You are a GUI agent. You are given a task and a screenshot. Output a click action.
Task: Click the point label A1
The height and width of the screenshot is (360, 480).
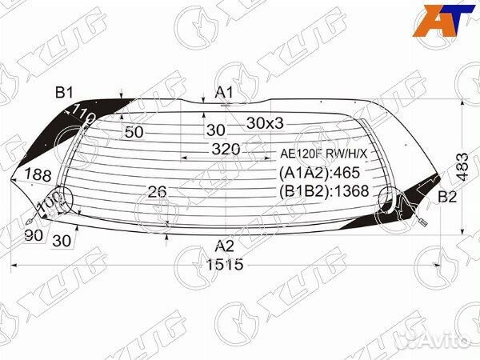coord(225,93)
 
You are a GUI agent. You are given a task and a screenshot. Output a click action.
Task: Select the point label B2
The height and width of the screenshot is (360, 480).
coord(448,197)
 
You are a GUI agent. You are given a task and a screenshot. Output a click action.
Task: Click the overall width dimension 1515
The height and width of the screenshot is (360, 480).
coord(223,265)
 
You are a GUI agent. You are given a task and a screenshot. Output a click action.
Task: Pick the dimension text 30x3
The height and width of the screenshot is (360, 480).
coord(265,123)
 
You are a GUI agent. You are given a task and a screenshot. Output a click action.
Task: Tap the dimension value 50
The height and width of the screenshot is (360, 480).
coord(134,132)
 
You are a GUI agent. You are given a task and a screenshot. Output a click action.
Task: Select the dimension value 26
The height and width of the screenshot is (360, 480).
coord(158,191)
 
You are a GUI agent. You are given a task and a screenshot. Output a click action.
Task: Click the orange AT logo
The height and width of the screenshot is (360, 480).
coord(442,20)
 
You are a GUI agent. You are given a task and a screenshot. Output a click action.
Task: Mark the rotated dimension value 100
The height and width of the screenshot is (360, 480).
coord(48,202)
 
